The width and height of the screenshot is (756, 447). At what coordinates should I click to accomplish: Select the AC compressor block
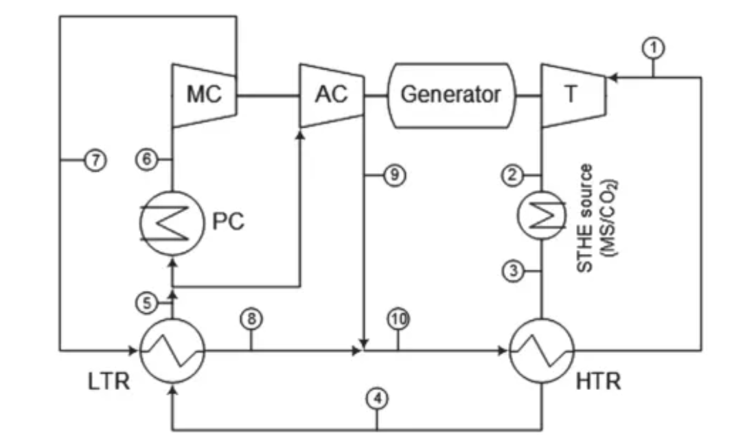(x=331, y=95)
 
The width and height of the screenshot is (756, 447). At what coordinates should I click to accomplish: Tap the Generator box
(x=450, y=95)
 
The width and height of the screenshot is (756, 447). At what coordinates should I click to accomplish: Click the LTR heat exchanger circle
(x=172, y=350)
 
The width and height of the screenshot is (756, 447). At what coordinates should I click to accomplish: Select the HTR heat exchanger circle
(x=542, y=350)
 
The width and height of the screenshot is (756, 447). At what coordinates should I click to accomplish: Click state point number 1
(x=654, y=47)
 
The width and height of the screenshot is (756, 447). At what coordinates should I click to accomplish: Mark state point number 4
(x=376, y=398)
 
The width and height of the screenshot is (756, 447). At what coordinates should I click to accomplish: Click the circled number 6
(x=145, y=159)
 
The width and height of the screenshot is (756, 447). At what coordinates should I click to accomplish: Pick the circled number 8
(x=251, y=319)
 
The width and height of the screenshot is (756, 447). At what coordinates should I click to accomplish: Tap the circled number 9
(x=394, y=175)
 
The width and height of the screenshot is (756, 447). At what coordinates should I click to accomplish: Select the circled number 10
(x=398, y=319)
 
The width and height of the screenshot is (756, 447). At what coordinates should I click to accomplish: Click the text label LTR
(x=109, y=380)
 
